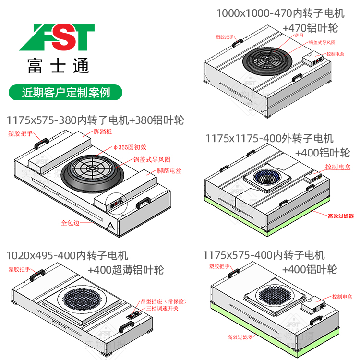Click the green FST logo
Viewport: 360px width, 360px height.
(x=57, y=37)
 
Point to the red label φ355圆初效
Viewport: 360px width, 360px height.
(x=129, y=147)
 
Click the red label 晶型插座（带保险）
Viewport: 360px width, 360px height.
(x=166, y=301)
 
